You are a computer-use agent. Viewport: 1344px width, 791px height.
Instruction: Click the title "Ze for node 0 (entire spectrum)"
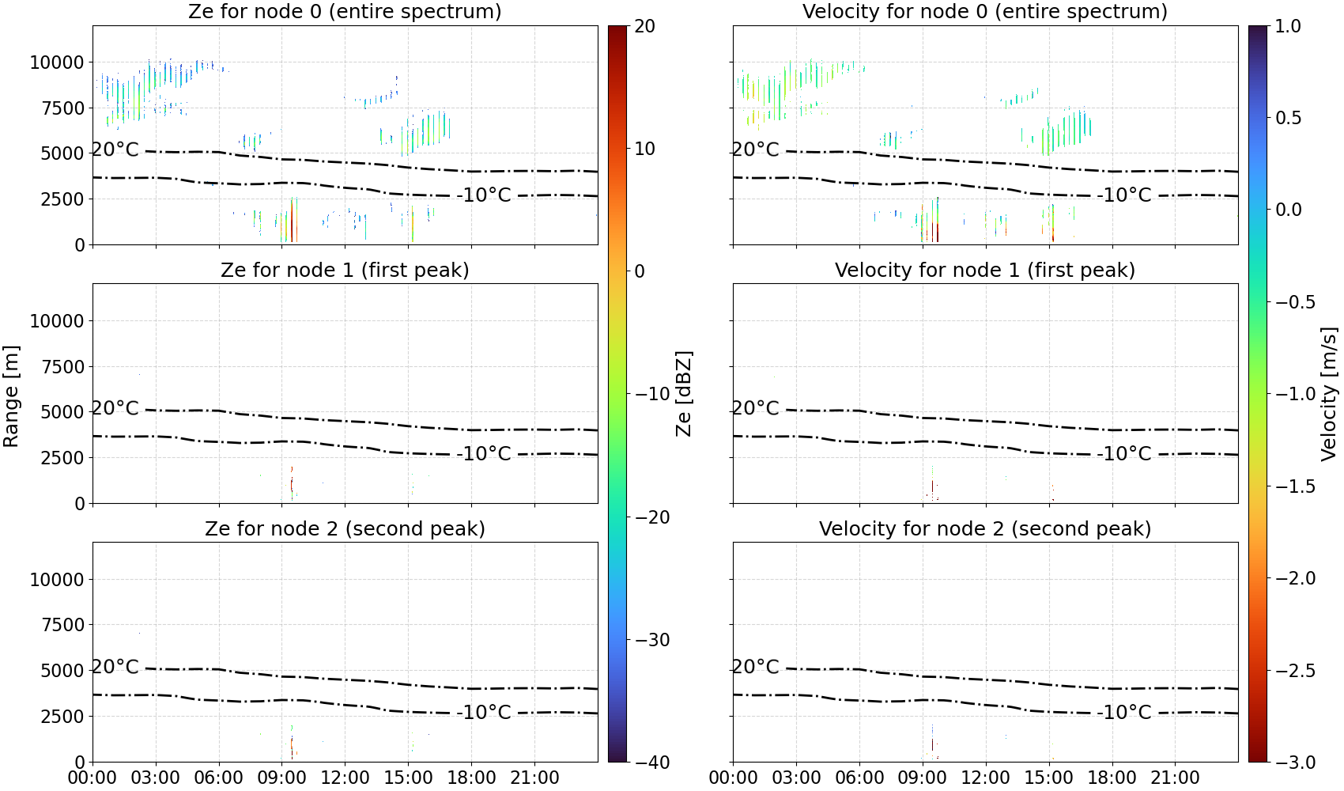point(345,11)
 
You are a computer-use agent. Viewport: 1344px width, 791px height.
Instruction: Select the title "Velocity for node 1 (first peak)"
point(985,270)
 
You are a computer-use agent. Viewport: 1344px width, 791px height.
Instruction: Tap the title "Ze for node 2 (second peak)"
point(345,528)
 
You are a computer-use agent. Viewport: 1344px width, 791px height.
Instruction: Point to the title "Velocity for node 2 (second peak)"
point(985,528)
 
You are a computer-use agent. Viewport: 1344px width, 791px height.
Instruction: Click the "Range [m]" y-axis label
point(11,396)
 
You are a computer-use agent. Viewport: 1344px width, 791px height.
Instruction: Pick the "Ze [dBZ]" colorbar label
point(683,394)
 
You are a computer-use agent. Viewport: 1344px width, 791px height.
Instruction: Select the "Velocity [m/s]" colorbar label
point(1329,394)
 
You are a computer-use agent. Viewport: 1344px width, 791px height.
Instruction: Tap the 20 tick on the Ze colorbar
point(645,26)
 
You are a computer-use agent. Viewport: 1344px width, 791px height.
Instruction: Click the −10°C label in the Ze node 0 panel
point(484,195)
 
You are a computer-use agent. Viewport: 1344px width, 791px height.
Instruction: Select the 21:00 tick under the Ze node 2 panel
point(534,778)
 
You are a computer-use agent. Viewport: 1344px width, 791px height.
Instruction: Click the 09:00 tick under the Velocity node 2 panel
point(922,778)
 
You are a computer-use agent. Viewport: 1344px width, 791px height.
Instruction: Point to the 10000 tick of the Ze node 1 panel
point(57,321)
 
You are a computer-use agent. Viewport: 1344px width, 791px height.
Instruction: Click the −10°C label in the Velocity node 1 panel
point(1124,454)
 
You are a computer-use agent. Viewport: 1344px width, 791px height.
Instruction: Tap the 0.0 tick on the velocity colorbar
point(1288,210)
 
